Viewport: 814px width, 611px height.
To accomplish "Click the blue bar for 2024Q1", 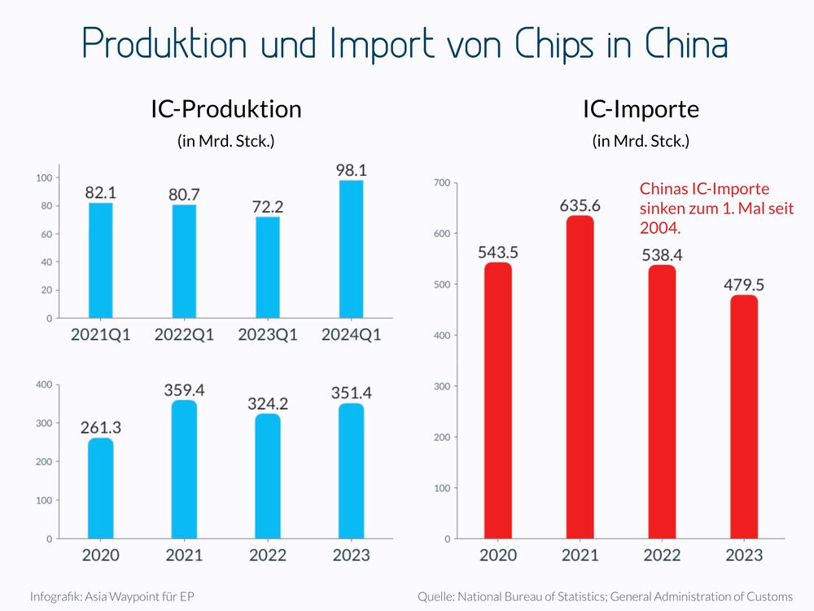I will pyautogui.click(x=350, y=249).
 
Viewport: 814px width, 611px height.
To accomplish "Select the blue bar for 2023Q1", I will pyautogui.click(x=268, y=267).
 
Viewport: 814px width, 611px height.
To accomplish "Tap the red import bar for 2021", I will pyautogui.click(x=580, y=377).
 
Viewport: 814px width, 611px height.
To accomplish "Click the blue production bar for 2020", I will pyautogui.click(x=100, y=489).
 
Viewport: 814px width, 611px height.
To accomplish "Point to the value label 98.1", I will pyautogui.click(x=350, y=170).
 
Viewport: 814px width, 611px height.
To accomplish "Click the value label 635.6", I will pyautogui.click(x=580, y=205).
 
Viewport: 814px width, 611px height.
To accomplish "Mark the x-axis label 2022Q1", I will pyautogui.click(x=184, y=336).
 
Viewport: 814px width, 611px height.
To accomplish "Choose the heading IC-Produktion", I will pyautogui.click(x=225, y=109).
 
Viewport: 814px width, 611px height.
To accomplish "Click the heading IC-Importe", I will pyautogui.click(x=641, y=109).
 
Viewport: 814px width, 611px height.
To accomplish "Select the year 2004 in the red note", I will pyautogui.click(x=660, y=226).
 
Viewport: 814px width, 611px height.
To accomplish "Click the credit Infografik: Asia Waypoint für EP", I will pyautogui.click(x=112, y=596).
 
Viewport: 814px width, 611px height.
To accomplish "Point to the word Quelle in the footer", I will pyautogui.click(x=436, y=596).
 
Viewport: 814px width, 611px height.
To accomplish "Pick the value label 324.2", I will pyautogui.click(x=268, y=404).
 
